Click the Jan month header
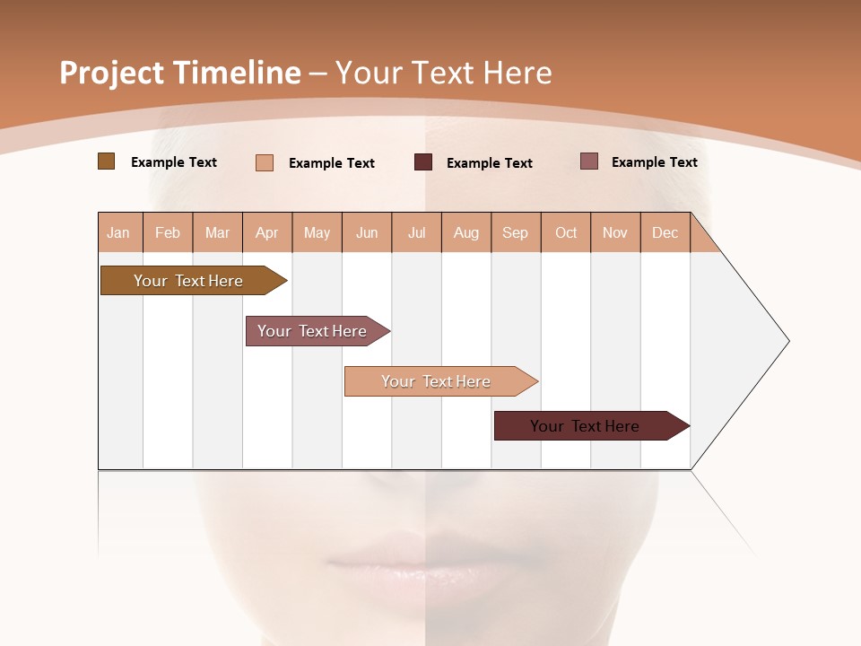tap(119, 232)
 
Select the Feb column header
tap(168, 232)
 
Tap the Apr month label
tap(267, 232)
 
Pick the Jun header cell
tap(367, 232)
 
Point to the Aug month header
tap(466, 232)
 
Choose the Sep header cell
tap(516, 232)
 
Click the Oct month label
tap(566, 232)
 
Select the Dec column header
tap(665, 232)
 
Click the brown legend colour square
tap(106, 161)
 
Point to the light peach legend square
tap(265, 162)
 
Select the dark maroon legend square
tap(423, 162)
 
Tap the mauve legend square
tap(589, 161)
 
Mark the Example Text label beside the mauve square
tap(654, 161)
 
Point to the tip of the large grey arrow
tap(787, 341)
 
